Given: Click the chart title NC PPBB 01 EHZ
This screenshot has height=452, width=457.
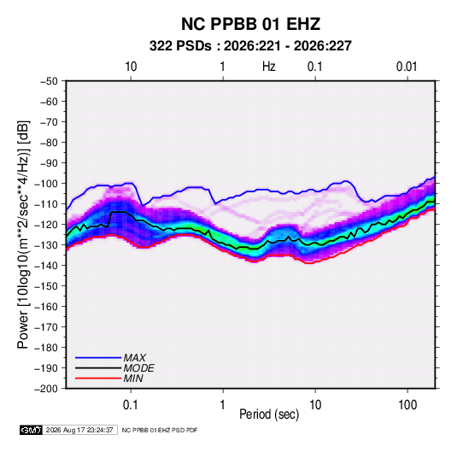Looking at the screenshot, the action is point(250,24).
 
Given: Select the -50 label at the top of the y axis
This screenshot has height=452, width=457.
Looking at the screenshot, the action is point(49,81).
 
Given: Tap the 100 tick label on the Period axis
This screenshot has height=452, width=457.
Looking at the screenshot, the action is point(407,405).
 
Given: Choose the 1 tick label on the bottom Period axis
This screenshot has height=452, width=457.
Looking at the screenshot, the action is point(223,405).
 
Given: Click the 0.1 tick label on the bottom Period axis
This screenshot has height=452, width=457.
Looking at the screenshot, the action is point(131,405).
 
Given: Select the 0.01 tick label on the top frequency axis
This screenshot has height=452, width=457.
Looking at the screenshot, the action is point(407,67).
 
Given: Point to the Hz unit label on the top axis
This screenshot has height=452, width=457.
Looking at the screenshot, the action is point(269,67).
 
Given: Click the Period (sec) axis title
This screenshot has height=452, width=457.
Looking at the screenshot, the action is point(269,414).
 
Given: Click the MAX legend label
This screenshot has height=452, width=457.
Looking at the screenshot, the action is point(135,358).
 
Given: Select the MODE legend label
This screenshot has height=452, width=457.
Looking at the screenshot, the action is point(139,368).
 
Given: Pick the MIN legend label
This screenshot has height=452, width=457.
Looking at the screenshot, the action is point(133,379).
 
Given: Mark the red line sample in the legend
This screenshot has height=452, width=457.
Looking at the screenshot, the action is point(98,379).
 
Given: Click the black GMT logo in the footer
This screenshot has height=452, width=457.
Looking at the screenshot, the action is point(31,430).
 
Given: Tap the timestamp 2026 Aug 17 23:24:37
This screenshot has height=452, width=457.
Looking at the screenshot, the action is point(79,430).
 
